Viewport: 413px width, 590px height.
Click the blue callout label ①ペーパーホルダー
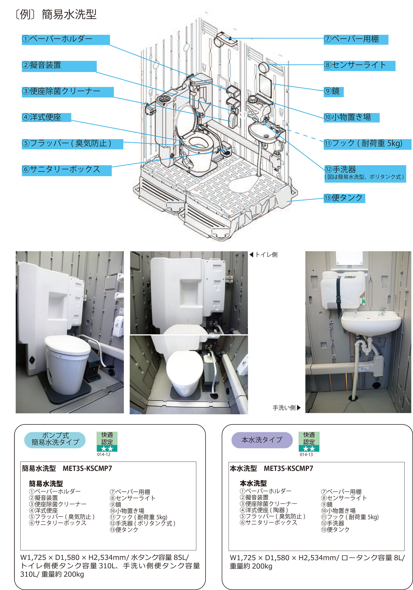pos(66,40)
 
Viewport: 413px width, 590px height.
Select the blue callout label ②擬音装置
pos(59,66)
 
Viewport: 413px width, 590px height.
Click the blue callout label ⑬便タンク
pos(344,198)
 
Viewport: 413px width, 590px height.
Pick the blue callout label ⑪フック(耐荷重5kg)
pos(367,144)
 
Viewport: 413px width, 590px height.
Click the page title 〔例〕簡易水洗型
pos(56,14)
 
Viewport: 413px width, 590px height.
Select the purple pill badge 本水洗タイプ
pos(262,440)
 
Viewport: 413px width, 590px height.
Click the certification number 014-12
pos(104,454)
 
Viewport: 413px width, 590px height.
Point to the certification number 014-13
pos(306,455)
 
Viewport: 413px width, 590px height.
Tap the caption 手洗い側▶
pos(287,408)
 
